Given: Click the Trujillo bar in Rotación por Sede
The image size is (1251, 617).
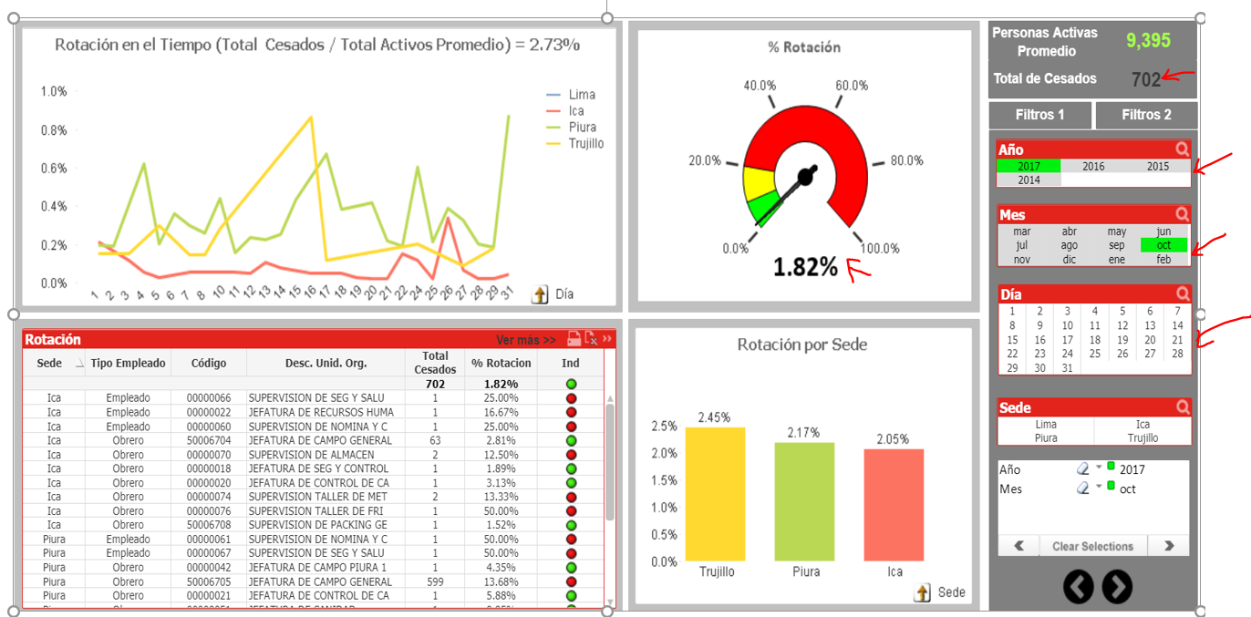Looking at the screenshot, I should pyautogui.click(x=715, y=494).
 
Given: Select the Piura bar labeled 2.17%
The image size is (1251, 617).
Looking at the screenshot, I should pyautogui.click(x=804, y=501).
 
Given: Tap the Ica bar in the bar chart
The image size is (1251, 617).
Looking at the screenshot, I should pyautogui.click(x=894, y=505).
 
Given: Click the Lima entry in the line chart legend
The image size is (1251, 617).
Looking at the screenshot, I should pyautogui.click(x=581, y=95).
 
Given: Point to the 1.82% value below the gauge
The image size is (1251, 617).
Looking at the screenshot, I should pyautogui.click(x=805, y=267).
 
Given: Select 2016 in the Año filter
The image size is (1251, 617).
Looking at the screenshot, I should pyautogui.click(x=1093, y=167).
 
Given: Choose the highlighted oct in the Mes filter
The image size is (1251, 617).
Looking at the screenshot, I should pyautogui.click(x=1163, y=245).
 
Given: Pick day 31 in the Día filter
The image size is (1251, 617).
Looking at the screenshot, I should pyautogui.click(x=1067, y=368).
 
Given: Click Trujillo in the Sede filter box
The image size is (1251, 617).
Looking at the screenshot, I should pyautogui.click(x=1142, y=437).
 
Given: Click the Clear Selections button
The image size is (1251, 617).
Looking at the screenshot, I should pyautogui.click(x=1092, y=547).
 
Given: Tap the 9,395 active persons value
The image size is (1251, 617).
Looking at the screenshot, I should pyautogui.click(x=1148, y=40).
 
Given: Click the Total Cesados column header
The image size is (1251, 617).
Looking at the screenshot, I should pyautogui.click(x=435, y=363).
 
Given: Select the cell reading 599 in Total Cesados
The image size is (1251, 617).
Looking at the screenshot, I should pyautogui.click(x=435, y=581).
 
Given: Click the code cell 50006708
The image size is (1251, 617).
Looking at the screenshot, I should pyautogui.click(x=208, y=525).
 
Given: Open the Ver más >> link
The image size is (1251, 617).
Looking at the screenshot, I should pyautogui.click(x=525, y=340).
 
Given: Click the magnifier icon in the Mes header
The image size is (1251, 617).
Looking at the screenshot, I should pyautogui.click(x=1182, y=214).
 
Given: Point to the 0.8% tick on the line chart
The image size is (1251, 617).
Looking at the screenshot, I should pyautogui.click(x=54, y=130).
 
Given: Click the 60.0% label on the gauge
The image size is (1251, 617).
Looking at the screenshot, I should pyautogui.click(x=852, y=86).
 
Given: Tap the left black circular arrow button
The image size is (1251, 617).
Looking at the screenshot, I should pyautogui.click(x=1078, y=587).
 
